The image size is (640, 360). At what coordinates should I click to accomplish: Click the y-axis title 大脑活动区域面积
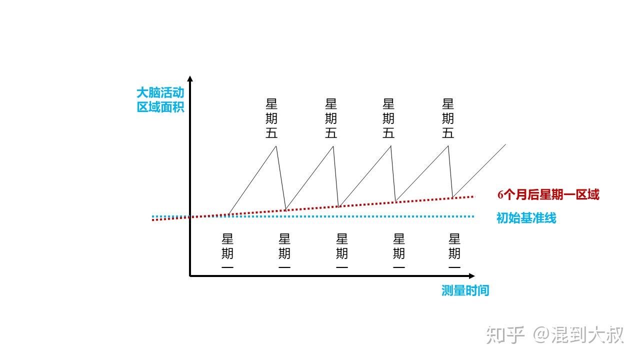coord(160,100)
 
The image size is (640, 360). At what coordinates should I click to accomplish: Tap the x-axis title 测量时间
coord(465,290)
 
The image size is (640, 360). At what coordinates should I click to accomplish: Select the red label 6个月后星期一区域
coord(548,194)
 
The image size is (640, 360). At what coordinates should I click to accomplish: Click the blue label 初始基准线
coord(526,218)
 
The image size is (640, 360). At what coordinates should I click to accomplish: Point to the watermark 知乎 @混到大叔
coord(554,335)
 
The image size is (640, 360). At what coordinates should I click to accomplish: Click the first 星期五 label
coord(271,118)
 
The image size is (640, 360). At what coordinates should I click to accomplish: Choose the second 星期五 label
coord(331,118)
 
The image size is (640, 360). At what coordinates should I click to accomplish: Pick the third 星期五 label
coord(388,118)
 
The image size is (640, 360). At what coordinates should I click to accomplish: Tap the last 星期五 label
coord(447,118)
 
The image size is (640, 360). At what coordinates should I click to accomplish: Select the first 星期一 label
coord(227,251)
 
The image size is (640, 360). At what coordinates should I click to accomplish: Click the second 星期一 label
coord(284,251)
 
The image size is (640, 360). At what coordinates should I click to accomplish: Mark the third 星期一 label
coord(341,251)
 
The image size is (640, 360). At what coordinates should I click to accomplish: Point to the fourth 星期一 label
coord(399,251)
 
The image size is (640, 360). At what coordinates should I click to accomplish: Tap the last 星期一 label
coord(454,251)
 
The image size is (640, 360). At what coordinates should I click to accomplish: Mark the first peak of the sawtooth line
coord(276,146)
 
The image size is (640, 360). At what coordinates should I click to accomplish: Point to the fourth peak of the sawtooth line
coord(448,146)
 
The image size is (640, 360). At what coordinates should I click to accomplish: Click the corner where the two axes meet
coord(190,276)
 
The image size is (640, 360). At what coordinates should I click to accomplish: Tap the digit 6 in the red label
coord(500,195)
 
